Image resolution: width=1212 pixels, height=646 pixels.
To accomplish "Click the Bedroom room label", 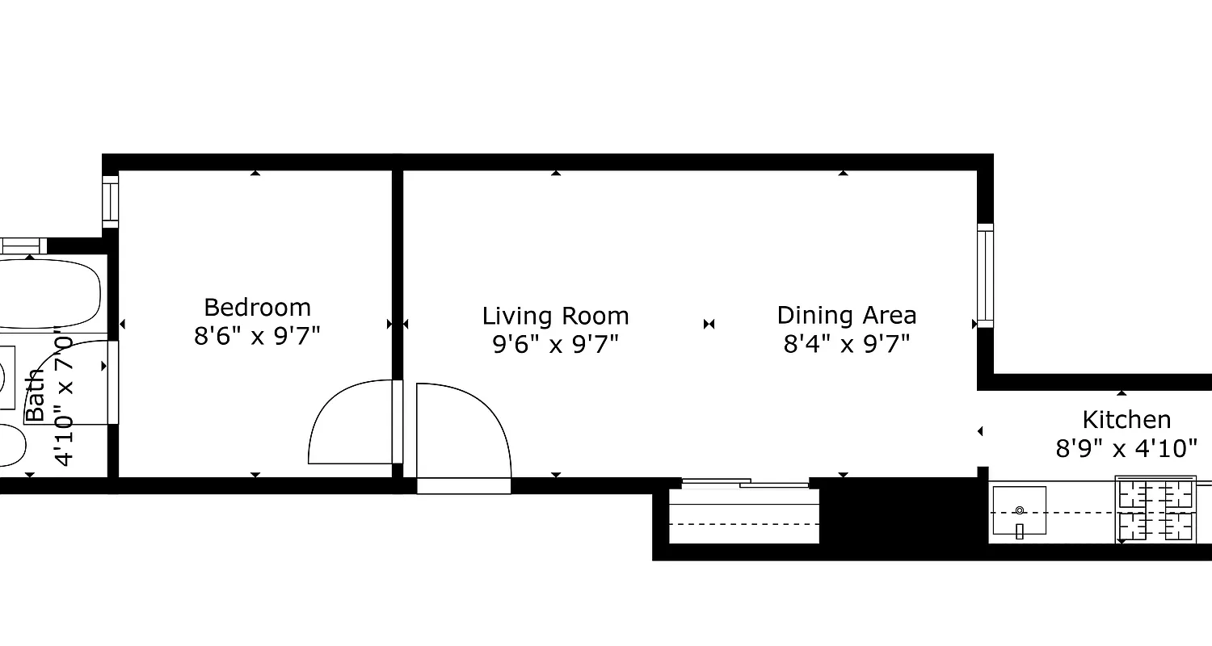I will [x=257, y=308].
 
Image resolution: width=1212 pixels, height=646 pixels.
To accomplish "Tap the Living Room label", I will [x=555, y=316].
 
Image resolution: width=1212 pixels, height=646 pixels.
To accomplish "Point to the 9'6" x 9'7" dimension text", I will [x=555, y=345].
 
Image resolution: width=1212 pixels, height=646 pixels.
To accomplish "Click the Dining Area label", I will [x=846, y=315].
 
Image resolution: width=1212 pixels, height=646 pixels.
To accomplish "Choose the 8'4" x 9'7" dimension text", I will [x=846, y=345].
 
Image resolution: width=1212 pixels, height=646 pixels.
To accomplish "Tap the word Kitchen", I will [x=1126, y=420].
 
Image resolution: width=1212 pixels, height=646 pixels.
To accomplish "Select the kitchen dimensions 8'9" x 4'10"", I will [x=1126, y=448].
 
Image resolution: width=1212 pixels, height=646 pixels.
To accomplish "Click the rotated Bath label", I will [x=35, y=396].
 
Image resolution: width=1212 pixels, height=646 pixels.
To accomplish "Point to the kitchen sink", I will [x=1019, y=511].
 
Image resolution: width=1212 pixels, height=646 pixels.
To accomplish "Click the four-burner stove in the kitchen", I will [x=1155, y=510].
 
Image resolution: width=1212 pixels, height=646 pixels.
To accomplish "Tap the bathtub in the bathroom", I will [x=48, y=293].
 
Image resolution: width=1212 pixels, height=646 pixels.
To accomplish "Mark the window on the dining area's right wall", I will [x=985, y=275].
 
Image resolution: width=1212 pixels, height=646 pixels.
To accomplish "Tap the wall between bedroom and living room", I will [x=397, y=266].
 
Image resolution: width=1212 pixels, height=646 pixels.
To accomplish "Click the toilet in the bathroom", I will [x=10, y=445].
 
